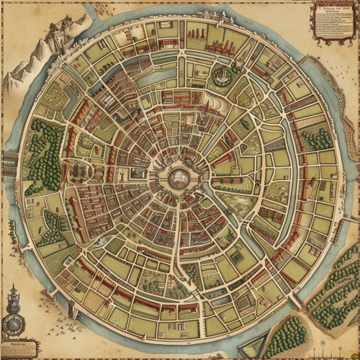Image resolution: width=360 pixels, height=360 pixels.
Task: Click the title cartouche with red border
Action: tap(336, 19)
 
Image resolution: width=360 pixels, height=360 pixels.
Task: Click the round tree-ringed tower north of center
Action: tap(222, 73)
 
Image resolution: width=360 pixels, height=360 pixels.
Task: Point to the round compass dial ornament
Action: tap(13, 323)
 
